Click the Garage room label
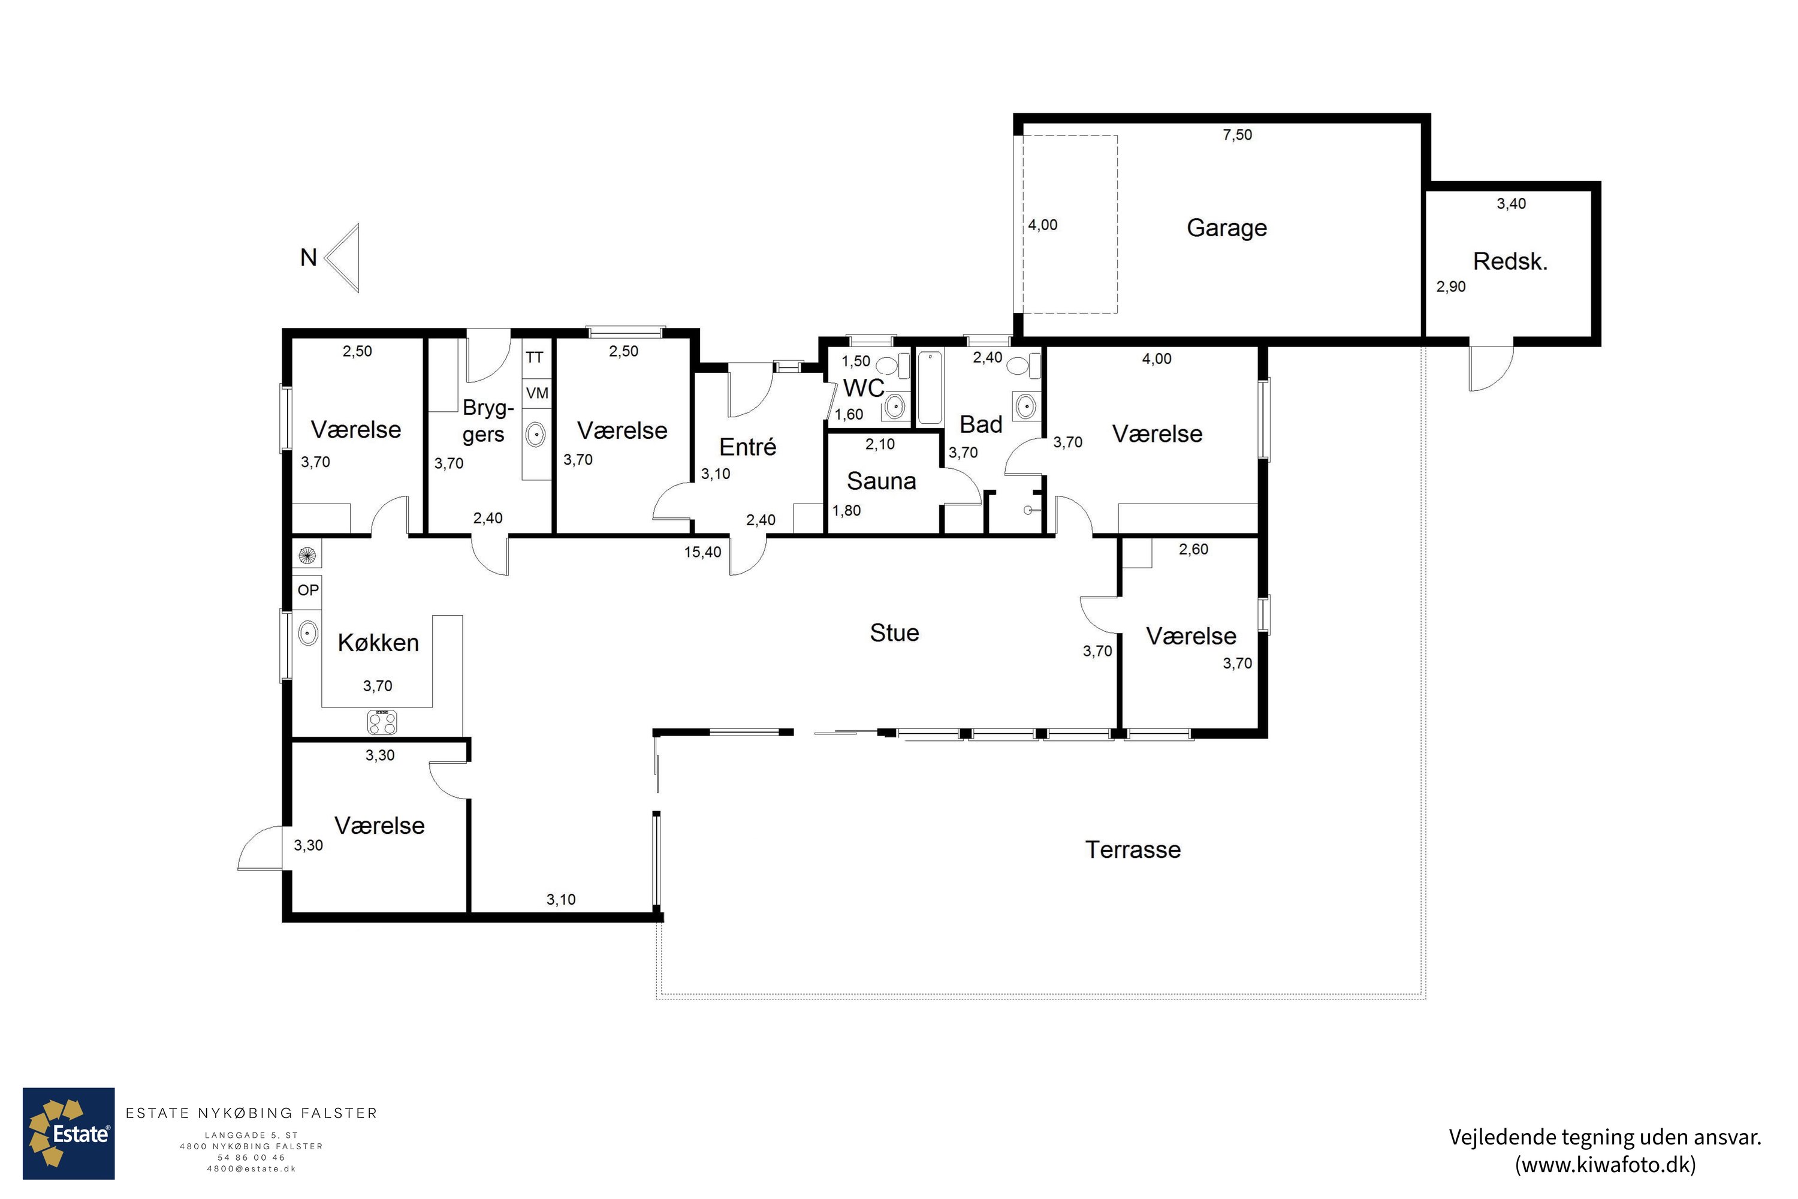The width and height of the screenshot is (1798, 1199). click(1226, 228)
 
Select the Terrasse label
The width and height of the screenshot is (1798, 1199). click(1133, 849)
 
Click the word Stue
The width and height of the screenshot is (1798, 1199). click(894, 632)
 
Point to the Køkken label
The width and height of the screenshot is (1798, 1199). click(378, 642)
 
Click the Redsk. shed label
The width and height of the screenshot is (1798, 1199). click(1510, 261)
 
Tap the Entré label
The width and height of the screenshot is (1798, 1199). click(747, 447)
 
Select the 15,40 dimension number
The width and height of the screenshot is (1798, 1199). click(702, 552)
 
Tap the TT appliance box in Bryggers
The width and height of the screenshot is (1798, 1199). click(536, 357)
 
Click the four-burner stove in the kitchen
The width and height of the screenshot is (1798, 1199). click(382, 721)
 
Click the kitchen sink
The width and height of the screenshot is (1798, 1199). click(307, 633)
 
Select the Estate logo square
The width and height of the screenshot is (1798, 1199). click(69, 1133)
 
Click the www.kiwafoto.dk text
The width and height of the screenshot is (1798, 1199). click(1606, 1165)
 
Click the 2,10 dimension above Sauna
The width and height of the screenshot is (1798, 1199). click(880, 444)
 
